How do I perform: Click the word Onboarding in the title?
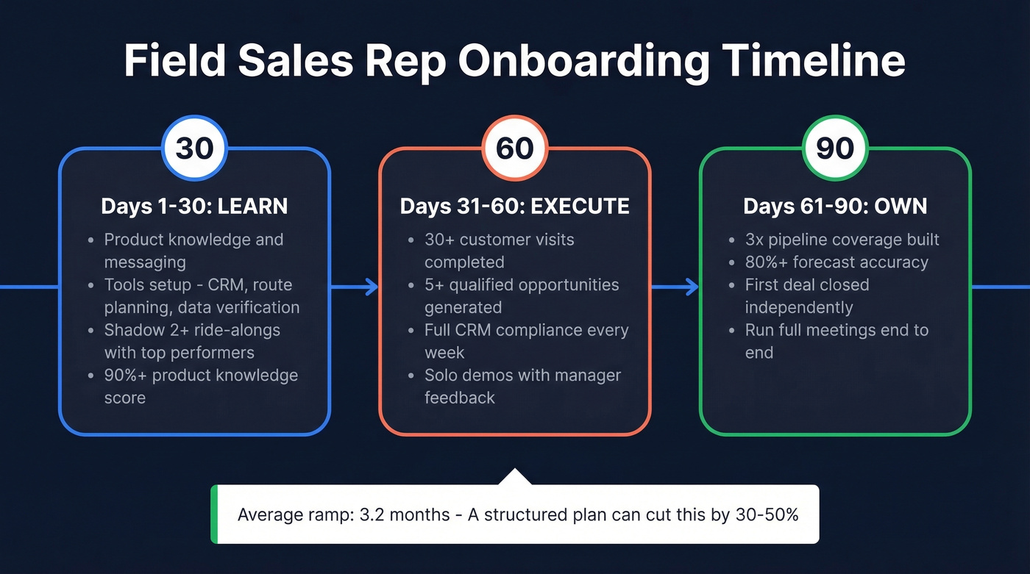click(x=583, y=62)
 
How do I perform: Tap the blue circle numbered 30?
click(x=195, y=148)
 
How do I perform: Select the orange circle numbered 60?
click(x=515, y=148)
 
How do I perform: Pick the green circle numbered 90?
click(x=835, y=148)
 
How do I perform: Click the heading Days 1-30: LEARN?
click(x=194, y=207)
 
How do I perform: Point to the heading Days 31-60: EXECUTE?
click(x=514, y=207)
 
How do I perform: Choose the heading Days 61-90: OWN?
click(x=834, y=207)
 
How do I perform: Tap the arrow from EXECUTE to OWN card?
click(x=675, y=287)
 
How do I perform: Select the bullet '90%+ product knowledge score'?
click(x=200, y=387)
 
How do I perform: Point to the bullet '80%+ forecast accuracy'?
click(x=837, y=262)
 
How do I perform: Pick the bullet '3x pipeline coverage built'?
click(x=842, y=240)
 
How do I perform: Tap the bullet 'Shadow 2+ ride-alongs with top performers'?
click(x=192, y=341)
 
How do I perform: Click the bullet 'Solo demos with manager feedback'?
click(x=522, y=387)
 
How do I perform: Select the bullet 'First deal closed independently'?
click(x=806, y=295)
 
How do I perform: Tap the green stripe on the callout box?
click(x=215, y=514)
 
